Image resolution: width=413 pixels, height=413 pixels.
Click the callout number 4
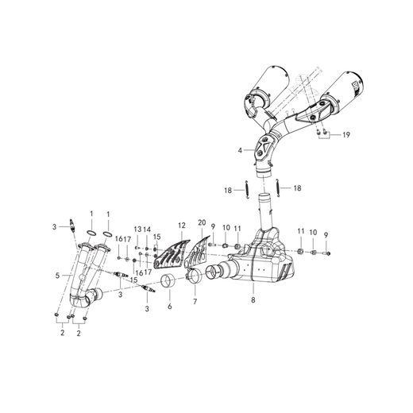click(x=240, y=150)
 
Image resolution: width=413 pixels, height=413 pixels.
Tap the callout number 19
click(x=346, y=135)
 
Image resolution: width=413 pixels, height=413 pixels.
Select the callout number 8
click(x=253, y=300)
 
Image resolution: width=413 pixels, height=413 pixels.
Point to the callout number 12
click(x=182, y=226)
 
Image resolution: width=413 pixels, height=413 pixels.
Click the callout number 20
click(x=202, y=222)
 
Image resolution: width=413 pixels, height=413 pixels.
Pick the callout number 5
click(x=57, y=276)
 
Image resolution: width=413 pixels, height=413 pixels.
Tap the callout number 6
click(x=170, y=307)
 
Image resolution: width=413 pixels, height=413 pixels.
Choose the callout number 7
click(x=195, y=302)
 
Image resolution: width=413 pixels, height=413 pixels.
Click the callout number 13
click(x=137, y=230)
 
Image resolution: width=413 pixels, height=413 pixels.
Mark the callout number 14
click(x=147, y=230)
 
